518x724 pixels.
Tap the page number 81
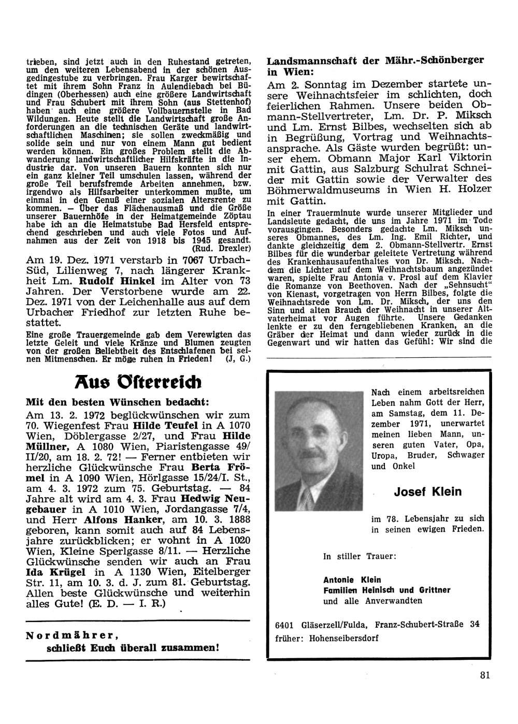tap(485, 674)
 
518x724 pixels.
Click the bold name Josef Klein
tap(427, 491)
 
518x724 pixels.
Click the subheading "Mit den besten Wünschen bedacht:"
tap(117, 402)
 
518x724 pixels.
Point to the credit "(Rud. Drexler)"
tap(222, 247)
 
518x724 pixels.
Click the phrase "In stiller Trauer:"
tap(359, 556)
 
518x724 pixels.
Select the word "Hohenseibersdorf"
tap(343, 638)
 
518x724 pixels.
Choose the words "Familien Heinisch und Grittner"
tap(387, 590)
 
